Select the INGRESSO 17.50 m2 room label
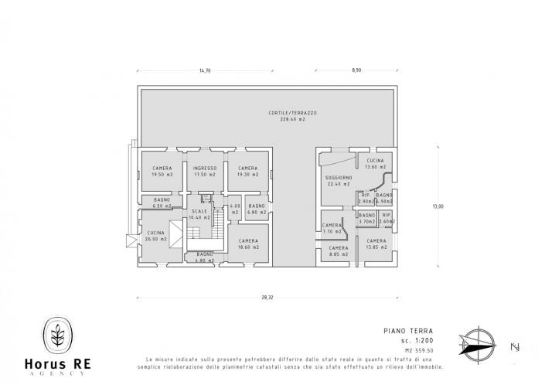pyautogui.click(x=205, y=172)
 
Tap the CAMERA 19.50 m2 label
pyautogui.click(x=162, y=172)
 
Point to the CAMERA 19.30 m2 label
pyautogui.click(x=247, y=172)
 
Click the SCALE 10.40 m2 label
pyautogui.click(x=199, y=214)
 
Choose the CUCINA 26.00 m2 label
pyautogui.click(x=158, y=236)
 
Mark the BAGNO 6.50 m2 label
pyautogui.click(x=162, y=203)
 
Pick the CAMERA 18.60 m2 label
pyautogui.click(x=248, y=244)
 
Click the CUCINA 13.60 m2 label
pyautogui.click(x=375, y=164)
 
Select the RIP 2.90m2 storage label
pyautogui.click(x=366, y=199)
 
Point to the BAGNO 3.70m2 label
pyautogui.click(x=367, y=218)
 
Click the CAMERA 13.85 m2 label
pyautogui.click(x=376, y=244)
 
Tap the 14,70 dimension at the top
pyautogui.click(x=204, y=71)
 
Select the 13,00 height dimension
pyautogui.click(x=438, y=206)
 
